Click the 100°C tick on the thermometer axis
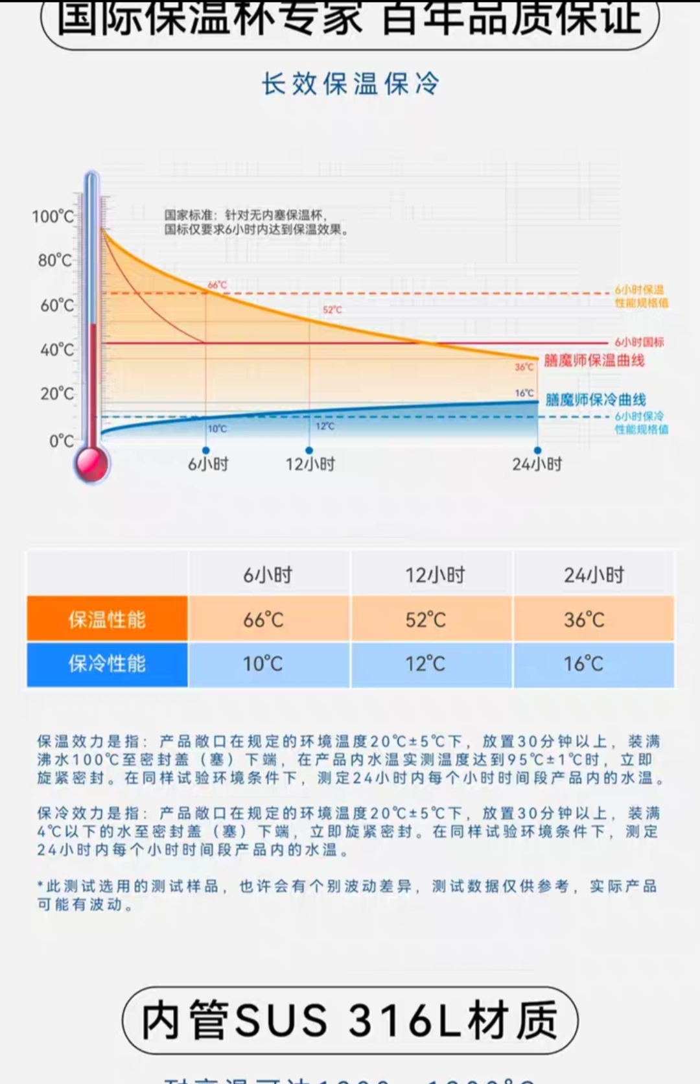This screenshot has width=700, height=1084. point(53,216)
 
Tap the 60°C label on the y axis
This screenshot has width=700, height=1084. point(57,305)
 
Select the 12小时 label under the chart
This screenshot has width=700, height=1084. point(310,464)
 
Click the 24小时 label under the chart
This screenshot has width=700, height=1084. point(537,464)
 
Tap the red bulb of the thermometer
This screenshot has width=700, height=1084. point(92,462)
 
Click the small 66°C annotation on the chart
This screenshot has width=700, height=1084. point(217,285)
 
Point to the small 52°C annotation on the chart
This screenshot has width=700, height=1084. point(332,310)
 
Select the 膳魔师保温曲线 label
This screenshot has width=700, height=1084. point(594,360)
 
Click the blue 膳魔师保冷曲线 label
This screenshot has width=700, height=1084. point(595,399)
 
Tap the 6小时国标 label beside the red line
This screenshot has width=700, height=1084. point(639,342)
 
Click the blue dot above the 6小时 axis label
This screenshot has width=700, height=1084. point(206,450)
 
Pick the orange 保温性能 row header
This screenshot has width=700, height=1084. point(107,619)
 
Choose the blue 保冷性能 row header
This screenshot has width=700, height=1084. point(107,663)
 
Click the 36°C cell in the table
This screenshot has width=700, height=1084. point(584,620)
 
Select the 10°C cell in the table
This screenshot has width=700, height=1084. point(262,664)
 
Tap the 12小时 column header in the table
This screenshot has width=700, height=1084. point(435,574)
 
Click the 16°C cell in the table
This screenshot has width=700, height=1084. point(583,664)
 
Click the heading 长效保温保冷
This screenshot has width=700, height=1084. point(351,84)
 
